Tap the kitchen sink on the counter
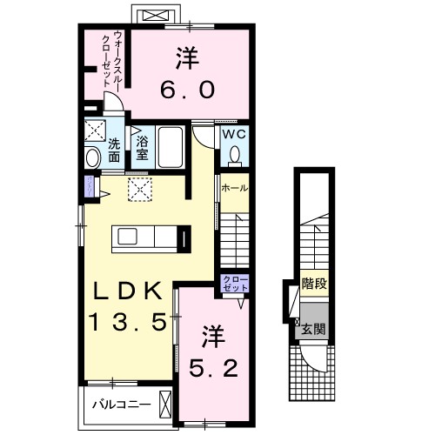(x=127, y=237)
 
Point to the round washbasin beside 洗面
(x=91, y=157)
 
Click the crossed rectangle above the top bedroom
(x=155, y=15)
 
